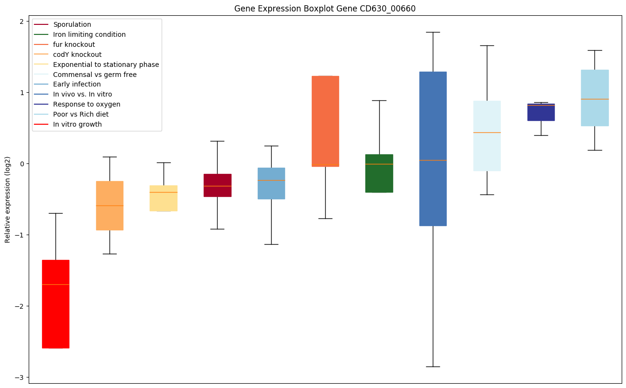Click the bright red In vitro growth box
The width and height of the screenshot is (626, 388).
(55, 304)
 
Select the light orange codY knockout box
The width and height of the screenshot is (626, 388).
(110, 205)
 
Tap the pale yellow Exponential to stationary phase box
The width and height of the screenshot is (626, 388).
(164, 198)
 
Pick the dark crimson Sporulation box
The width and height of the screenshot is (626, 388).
(218, 185)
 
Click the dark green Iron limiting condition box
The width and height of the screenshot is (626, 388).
(379, 173)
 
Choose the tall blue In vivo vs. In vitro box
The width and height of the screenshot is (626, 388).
(433, 149)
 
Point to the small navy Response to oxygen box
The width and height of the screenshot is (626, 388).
(541, 112)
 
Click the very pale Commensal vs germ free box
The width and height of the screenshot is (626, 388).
(487, 136)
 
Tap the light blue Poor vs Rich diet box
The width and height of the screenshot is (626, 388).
(595, 98)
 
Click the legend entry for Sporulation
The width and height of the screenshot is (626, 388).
(72, 24)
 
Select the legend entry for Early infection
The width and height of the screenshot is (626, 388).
(77, 85)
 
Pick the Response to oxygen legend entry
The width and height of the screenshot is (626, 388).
(87, 105)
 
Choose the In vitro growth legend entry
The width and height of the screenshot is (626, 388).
(77, 125)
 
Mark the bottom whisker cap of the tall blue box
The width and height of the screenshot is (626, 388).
(433, 366)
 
